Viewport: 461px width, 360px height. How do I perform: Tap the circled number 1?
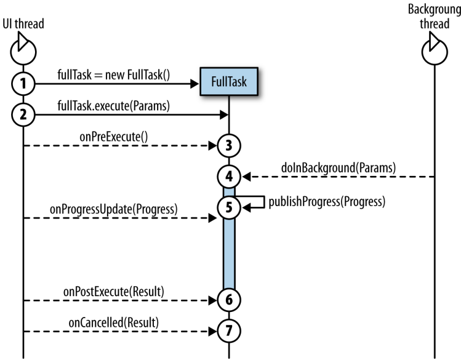point(23,84)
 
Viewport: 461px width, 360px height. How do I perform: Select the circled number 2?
point(23,114)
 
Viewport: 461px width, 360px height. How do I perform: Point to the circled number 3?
point(229,146)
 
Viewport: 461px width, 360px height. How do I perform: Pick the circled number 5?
point(229,208)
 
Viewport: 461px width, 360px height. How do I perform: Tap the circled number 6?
point(229,300)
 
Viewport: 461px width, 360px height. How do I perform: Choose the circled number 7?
point(229,330)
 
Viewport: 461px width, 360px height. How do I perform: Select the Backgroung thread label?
point(434,17)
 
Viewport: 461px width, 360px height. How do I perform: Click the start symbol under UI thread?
point(22,49)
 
